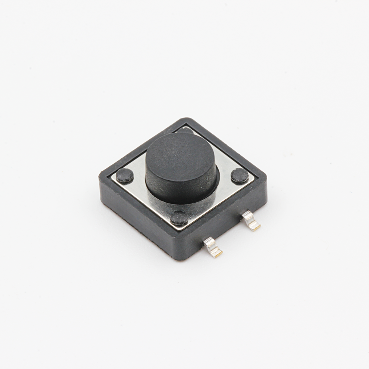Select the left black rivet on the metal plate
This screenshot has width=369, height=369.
click(125, 175)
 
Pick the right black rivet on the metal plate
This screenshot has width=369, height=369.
click(239, 175)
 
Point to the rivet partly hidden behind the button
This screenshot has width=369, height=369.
click(186, 130)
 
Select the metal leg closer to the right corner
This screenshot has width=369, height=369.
click(251, 221)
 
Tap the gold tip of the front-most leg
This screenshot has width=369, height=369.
click(217, 253)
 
